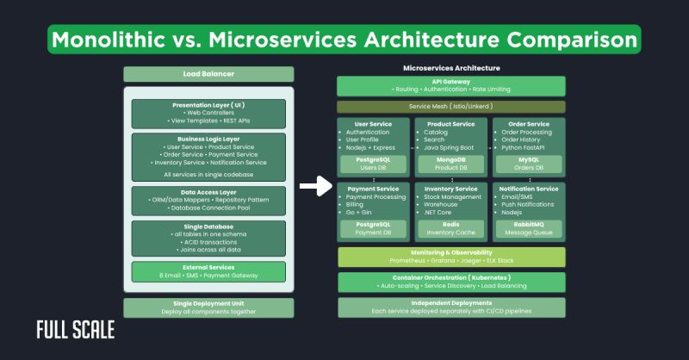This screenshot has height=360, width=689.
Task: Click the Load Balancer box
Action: coord(208,74)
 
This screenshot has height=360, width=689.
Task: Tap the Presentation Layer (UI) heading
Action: coord(208,105)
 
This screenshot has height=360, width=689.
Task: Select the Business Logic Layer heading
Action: coord(208,138)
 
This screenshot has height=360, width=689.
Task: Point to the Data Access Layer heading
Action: coord(208,192)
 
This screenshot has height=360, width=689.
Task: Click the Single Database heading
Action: coord(208,226)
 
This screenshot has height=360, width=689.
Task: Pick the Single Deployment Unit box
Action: coord(208,307)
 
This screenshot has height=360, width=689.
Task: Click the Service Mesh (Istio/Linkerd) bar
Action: coord(451,107)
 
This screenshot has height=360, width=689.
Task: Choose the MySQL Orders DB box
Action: coord(529,164)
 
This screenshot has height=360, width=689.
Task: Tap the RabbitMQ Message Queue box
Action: coord(529,228)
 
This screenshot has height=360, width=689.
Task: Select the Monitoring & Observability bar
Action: coord(451,257)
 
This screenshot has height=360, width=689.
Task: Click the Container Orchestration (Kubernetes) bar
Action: coord(451,282)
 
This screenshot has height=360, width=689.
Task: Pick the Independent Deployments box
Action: coord(451,307)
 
